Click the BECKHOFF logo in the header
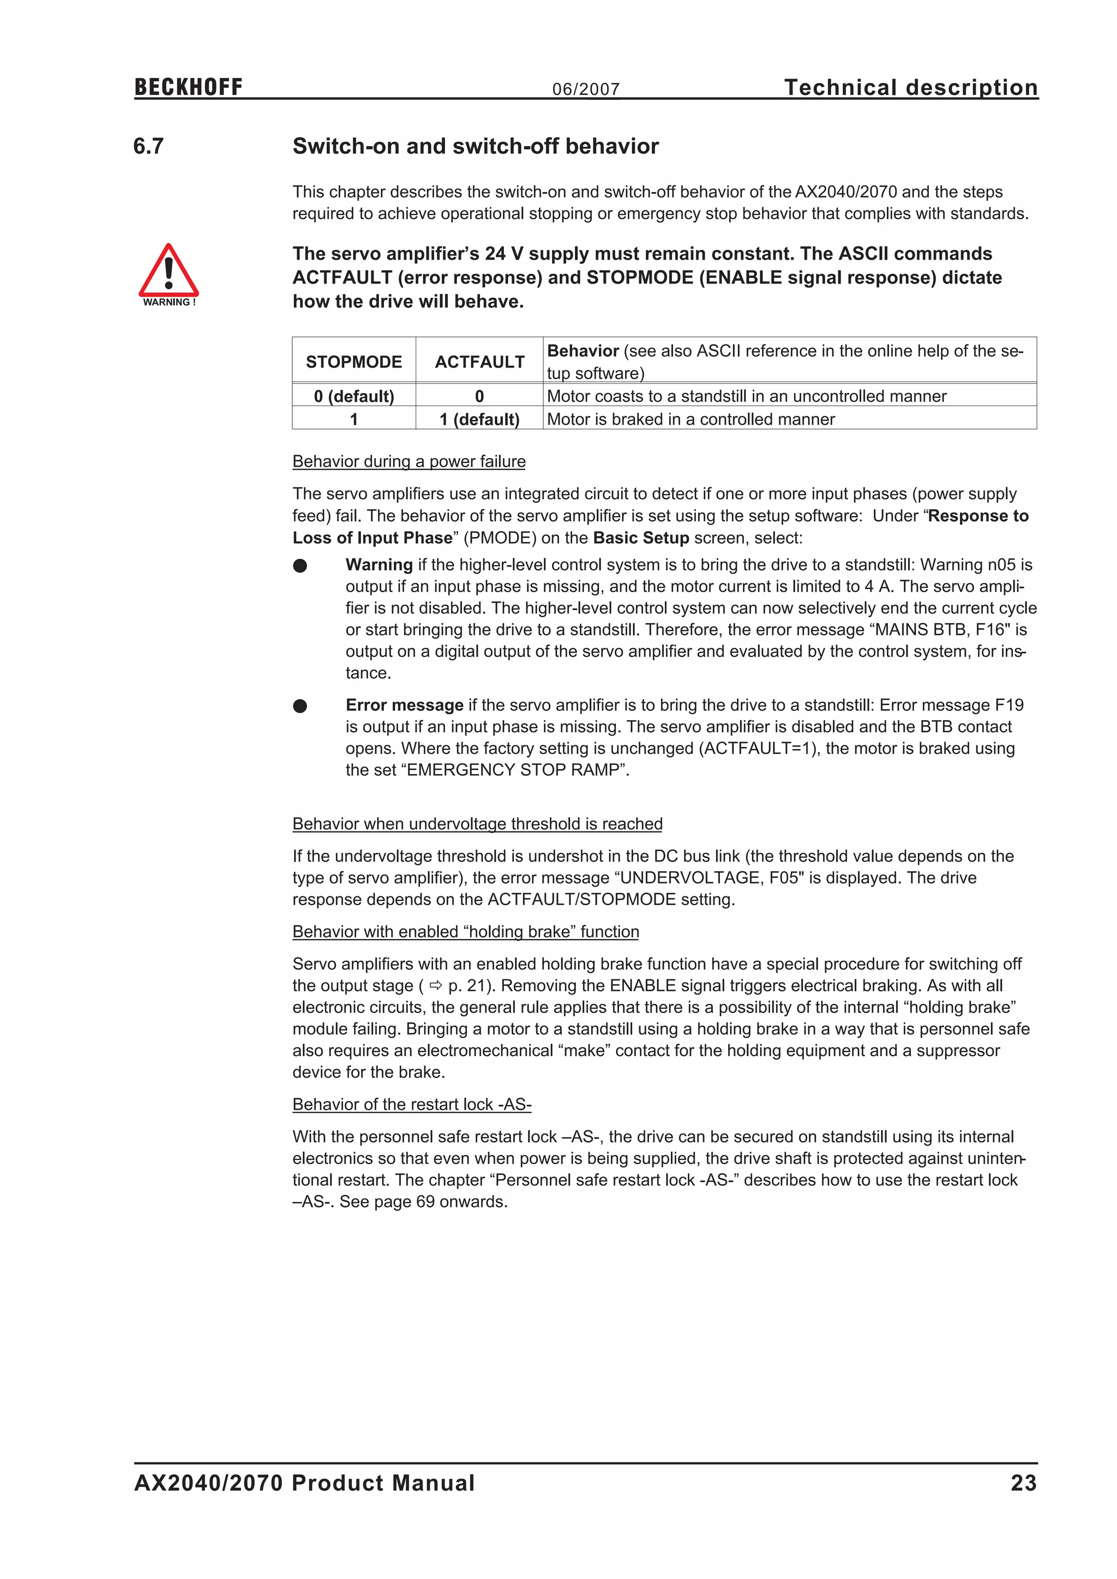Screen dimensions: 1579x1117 coord(189,87)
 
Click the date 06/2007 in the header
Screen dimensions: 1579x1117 coord(585,89)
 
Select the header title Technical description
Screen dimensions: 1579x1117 coord(911,87)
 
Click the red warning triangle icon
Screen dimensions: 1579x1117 coord(169,272)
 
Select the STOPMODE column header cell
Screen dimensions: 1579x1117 coord(353,361)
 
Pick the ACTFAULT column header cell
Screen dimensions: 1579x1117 coord(479,361)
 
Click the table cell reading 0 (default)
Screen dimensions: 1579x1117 coord(353,396)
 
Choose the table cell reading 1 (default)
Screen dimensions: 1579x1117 coord(479,419)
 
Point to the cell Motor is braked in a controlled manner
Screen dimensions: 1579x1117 coord(690,419)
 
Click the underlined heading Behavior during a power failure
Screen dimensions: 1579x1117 coord(409,461)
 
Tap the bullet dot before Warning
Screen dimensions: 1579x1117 coord(300,565)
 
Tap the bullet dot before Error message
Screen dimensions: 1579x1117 coord(300,706)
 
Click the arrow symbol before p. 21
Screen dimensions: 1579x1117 coord(435,985)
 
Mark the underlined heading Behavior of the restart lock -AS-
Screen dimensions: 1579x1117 coord(411,1105)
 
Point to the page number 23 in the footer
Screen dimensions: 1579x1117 coord(1023,1482)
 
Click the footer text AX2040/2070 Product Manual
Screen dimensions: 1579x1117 coord(304,1482)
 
